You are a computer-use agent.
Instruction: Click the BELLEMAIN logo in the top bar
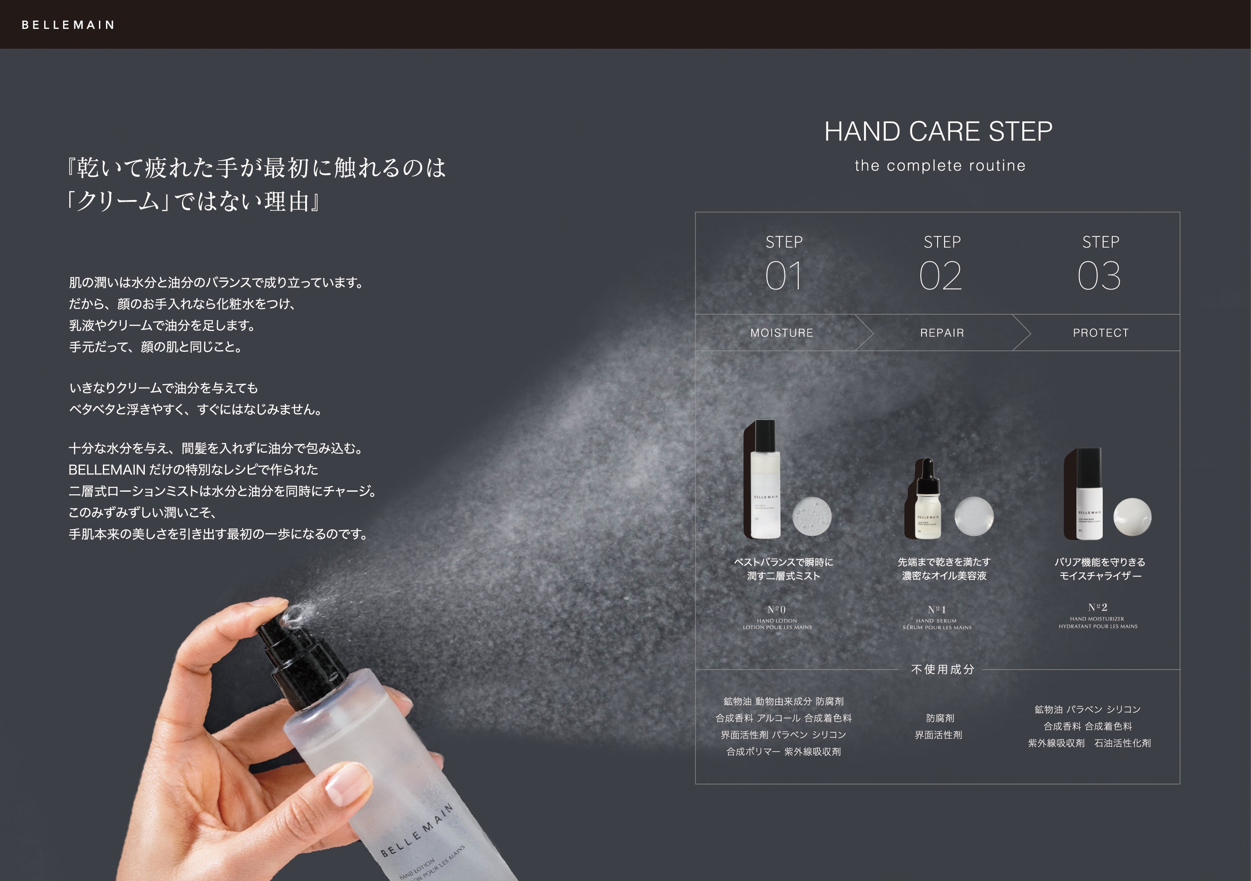tap(68, 25)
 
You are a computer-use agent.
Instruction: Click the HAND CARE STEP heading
tap(938, 132)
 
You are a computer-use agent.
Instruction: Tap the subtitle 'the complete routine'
tap(940, 165)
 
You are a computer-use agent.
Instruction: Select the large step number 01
tap(784, 276)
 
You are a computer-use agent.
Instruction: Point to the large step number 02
tap(941, 276)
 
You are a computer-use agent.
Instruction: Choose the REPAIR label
tap(941, 333)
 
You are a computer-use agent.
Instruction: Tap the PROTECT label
tap(1101, 333)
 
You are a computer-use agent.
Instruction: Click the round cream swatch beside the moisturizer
tap(1132, 517)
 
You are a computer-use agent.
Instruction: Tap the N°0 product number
tap(776, 610)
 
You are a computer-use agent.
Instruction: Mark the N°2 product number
tap(1098, 607)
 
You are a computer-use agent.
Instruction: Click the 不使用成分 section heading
tap(942, 669)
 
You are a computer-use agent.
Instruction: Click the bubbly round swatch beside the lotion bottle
tap(811, 516)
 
